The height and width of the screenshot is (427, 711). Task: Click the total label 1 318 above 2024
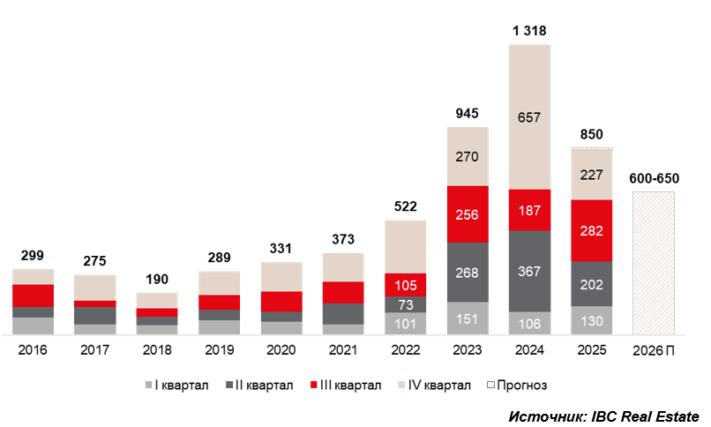[x=530, y=31]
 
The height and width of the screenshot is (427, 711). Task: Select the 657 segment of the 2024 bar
[x=530, y=117]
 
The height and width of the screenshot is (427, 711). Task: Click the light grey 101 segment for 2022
[x=406, y=324]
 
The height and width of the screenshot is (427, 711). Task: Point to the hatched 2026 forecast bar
[x=654, y=263]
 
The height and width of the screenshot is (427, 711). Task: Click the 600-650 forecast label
[x=654, y=177]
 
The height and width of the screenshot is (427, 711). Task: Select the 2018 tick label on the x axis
[x=156, y=350]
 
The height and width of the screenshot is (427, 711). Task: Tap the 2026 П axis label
[x=654, y=350]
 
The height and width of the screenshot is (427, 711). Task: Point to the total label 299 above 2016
[x=33, y=257]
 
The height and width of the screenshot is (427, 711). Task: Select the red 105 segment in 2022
[x=406, y=284]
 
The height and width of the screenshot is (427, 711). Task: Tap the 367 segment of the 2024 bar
[x=530, y=272]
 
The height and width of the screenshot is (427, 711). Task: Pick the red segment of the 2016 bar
[x=33, y=296]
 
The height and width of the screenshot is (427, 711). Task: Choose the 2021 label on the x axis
[x=343, y=350]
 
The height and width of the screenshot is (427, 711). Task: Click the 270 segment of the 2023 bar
[x=468, y=157]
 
